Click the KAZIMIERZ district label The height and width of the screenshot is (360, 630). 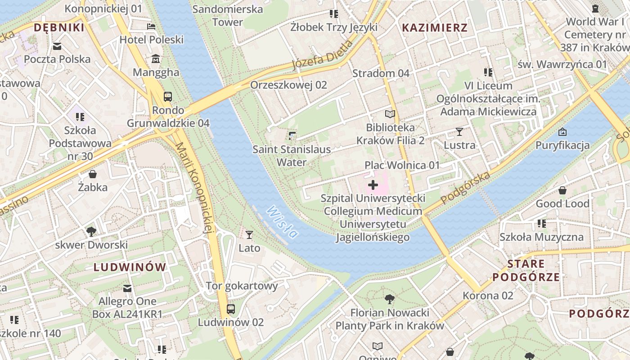click(434, 28)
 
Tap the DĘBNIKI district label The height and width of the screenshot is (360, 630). click(59, 28)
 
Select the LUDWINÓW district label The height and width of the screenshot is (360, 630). click(130, 267)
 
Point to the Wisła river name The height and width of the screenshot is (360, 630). click(282, 221)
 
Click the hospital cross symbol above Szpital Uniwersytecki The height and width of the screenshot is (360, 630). click(373, 184)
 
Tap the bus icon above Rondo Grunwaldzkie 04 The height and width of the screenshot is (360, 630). click(168, 96)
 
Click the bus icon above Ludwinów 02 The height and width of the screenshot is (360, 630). click(231, 309)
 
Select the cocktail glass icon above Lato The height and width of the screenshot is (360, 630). click(249, 234)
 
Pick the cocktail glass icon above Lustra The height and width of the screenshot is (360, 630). click(459, 131)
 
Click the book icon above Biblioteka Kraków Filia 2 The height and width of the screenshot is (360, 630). click(390, 114)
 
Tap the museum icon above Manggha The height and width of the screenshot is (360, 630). click(156, 58)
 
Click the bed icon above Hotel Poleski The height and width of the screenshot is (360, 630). click(151, 26)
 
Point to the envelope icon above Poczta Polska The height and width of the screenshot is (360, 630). click(57, 46)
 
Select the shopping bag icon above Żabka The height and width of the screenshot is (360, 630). click(93, 174)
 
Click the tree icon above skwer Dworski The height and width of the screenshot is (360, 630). click(91, 232)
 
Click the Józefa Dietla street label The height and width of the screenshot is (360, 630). click(322, 55)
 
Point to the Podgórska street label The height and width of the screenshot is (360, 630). click(465, 188)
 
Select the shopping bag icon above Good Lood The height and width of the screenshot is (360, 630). click(562, 190)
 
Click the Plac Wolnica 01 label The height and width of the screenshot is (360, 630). click(402, 165)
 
